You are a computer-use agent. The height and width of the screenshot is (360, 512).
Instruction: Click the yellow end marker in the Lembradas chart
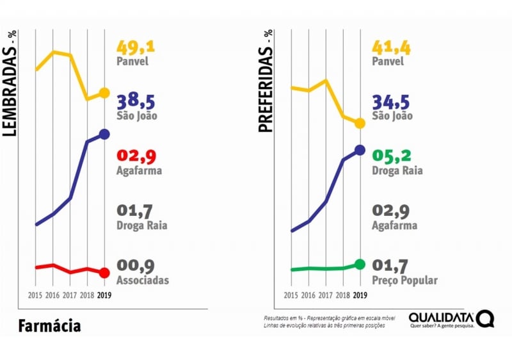(x=105, y=94)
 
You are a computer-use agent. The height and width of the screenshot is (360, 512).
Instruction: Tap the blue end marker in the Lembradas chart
(x=105, y=134)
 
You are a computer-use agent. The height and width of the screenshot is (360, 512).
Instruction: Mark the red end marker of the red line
(x=105, y=273)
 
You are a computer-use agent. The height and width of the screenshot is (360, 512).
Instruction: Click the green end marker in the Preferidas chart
(x=360, y=265)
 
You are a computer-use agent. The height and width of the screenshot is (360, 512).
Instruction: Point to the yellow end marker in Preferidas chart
(x=360, y=123)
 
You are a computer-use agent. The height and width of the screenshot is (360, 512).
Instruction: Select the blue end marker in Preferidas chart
(x=360, y=150)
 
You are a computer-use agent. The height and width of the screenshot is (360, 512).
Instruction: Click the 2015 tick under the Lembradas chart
(x=36, y=295)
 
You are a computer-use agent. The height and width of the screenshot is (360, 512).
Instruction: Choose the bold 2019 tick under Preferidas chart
(x=360, y=295)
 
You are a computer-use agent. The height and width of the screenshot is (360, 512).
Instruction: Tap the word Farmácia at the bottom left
(x=49, y=326)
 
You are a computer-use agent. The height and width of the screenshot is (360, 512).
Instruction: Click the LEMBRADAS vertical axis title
(x=10, y=83)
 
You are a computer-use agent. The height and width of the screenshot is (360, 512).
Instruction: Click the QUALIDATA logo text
(x=441, y=317)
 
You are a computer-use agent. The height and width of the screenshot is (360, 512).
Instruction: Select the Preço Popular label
(x=404, y=281)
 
